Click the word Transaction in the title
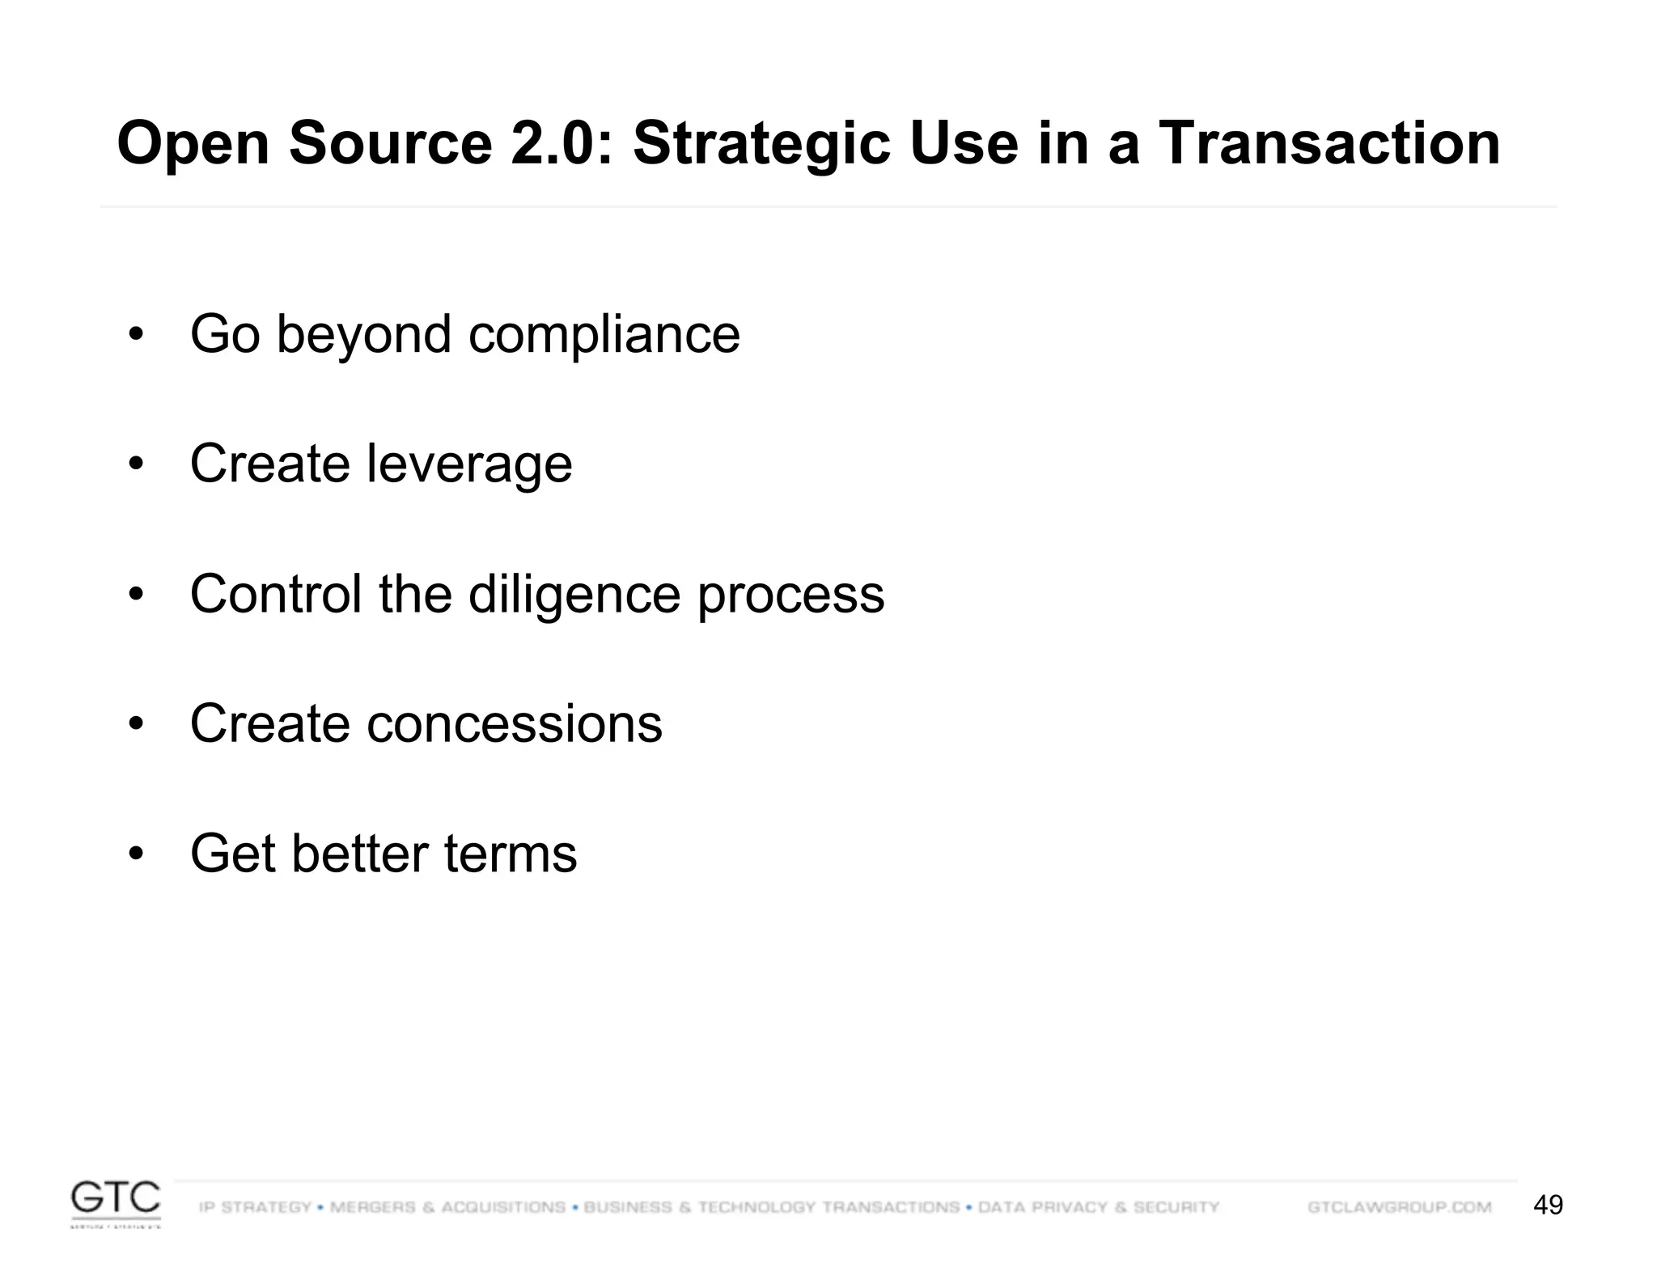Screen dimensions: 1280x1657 coord(1329,144)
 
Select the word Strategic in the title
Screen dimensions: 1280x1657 coord(761,144)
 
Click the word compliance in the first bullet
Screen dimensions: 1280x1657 coord(604,334)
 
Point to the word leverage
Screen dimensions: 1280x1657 coord(469,464)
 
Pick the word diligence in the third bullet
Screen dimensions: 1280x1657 coord(574,595)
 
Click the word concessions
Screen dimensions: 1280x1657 coord(515,723)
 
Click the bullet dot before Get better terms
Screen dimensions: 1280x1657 coord(135,854)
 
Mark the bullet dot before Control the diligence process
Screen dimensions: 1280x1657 coord(135,595)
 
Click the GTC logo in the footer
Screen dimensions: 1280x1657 coord(116,1203)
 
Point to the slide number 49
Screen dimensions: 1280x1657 coord(1548,1206)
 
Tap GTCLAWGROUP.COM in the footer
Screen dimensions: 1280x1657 coord(1399,1207)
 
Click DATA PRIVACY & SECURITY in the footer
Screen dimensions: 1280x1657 coord(1098,1207)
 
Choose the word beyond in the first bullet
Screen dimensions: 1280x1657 coord(363,334)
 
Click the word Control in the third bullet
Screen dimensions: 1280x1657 coord(276,595)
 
